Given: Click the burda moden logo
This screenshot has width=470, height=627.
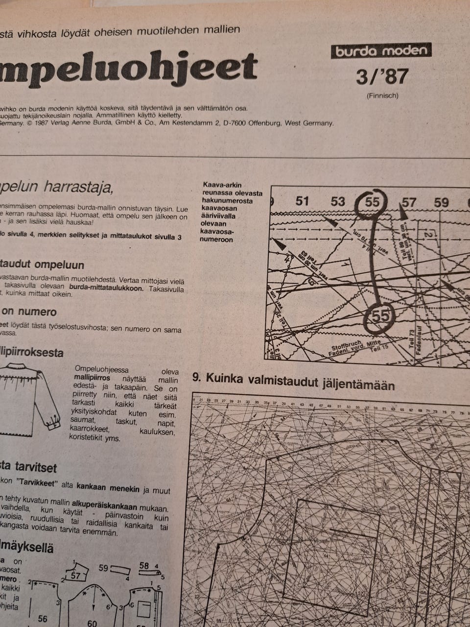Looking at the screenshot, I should [x=382, y=51].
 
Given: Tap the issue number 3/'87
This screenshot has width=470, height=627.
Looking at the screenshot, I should [x=382, y=77].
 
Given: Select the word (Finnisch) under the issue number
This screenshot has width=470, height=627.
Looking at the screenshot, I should [x=382, y=96].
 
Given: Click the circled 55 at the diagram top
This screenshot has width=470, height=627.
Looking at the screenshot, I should [x=373, y=202].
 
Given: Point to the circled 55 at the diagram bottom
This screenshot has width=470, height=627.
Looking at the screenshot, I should [x=380, y=316].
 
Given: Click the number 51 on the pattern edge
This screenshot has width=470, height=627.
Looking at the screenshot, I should [x=303, y=201].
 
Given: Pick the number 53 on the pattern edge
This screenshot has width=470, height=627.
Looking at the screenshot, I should [x=338, y=201].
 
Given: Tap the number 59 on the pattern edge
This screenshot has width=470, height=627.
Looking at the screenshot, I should [x=441, y=202].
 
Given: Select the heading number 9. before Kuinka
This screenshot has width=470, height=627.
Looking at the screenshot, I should [x=197, y=379].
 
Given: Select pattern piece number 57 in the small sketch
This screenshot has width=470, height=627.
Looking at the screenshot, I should [x=75, y=576].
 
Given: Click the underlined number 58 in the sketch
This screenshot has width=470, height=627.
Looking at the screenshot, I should [x=144, y=566].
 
